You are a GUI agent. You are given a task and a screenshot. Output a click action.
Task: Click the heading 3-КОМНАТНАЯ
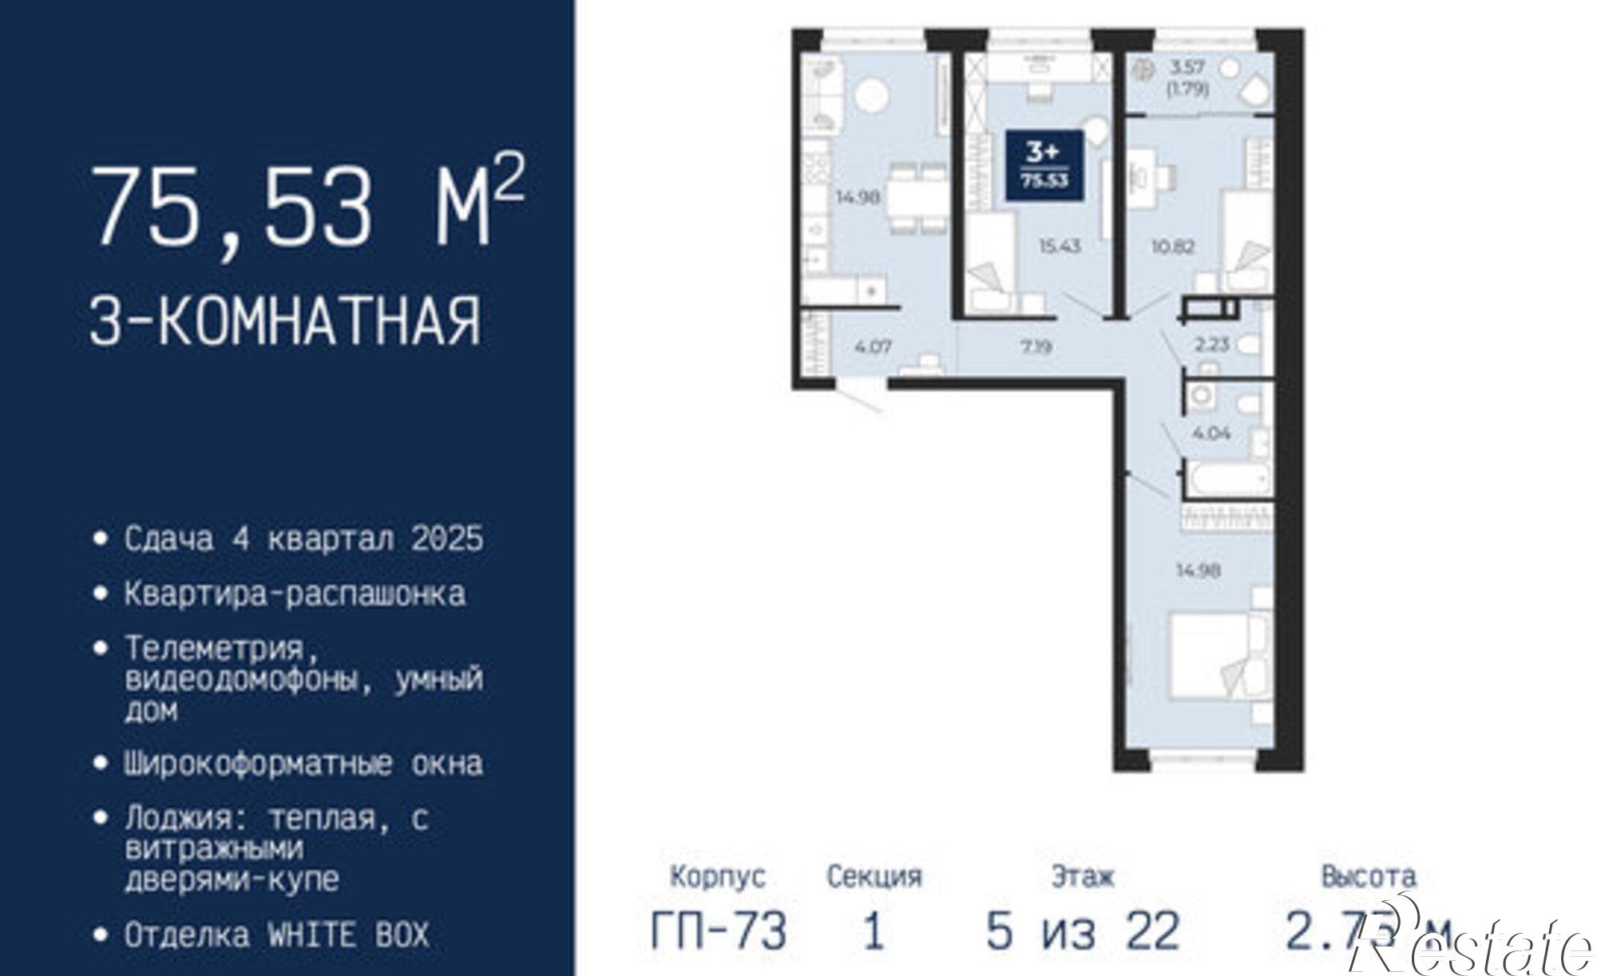tap(285, 321)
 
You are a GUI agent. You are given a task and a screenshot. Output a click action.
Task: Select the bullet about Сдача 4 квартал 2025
tap(303, 539)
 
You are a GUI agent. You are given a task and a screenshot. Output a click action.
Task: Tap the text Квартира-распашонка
tap(295, 595)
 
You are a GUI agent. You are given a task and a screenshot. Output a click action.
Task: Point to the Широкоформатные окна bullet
tap(303, 764)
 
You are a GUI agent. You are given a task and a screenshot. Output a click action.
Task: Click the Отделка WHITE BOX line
tap(276, 935)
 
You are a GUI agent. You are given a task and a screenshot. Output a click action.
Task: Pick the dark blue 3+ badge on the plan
tap(1044, 164)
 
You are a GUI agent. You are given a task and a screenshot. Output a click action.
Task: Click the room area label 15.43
tap(1059, 246)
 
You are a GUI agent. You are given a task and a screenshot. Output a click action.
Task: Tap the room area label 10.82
tap(1172, 246)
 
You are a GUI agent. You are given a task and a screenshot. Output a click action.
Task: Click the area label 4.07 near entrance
tap(872, 346)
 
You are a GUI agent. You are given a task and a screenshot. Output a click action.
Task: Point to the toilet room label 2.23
tap(1211, 345)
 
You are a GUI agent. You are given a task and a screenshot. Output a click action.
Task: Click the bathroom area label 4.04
tap(1211, 433)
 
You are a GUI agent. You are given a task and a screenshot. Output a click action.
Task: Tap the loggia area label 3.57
tap(1187, 68)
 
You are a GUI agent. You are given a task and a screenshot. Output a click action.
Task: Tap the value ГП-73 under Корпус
tap(719, 931)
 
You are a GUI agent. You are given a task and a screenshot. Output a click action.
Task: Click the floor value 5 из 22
tap(1083, 931)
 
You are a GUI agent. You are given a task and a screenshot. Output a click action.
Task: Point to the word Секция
tap(874, 877)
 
